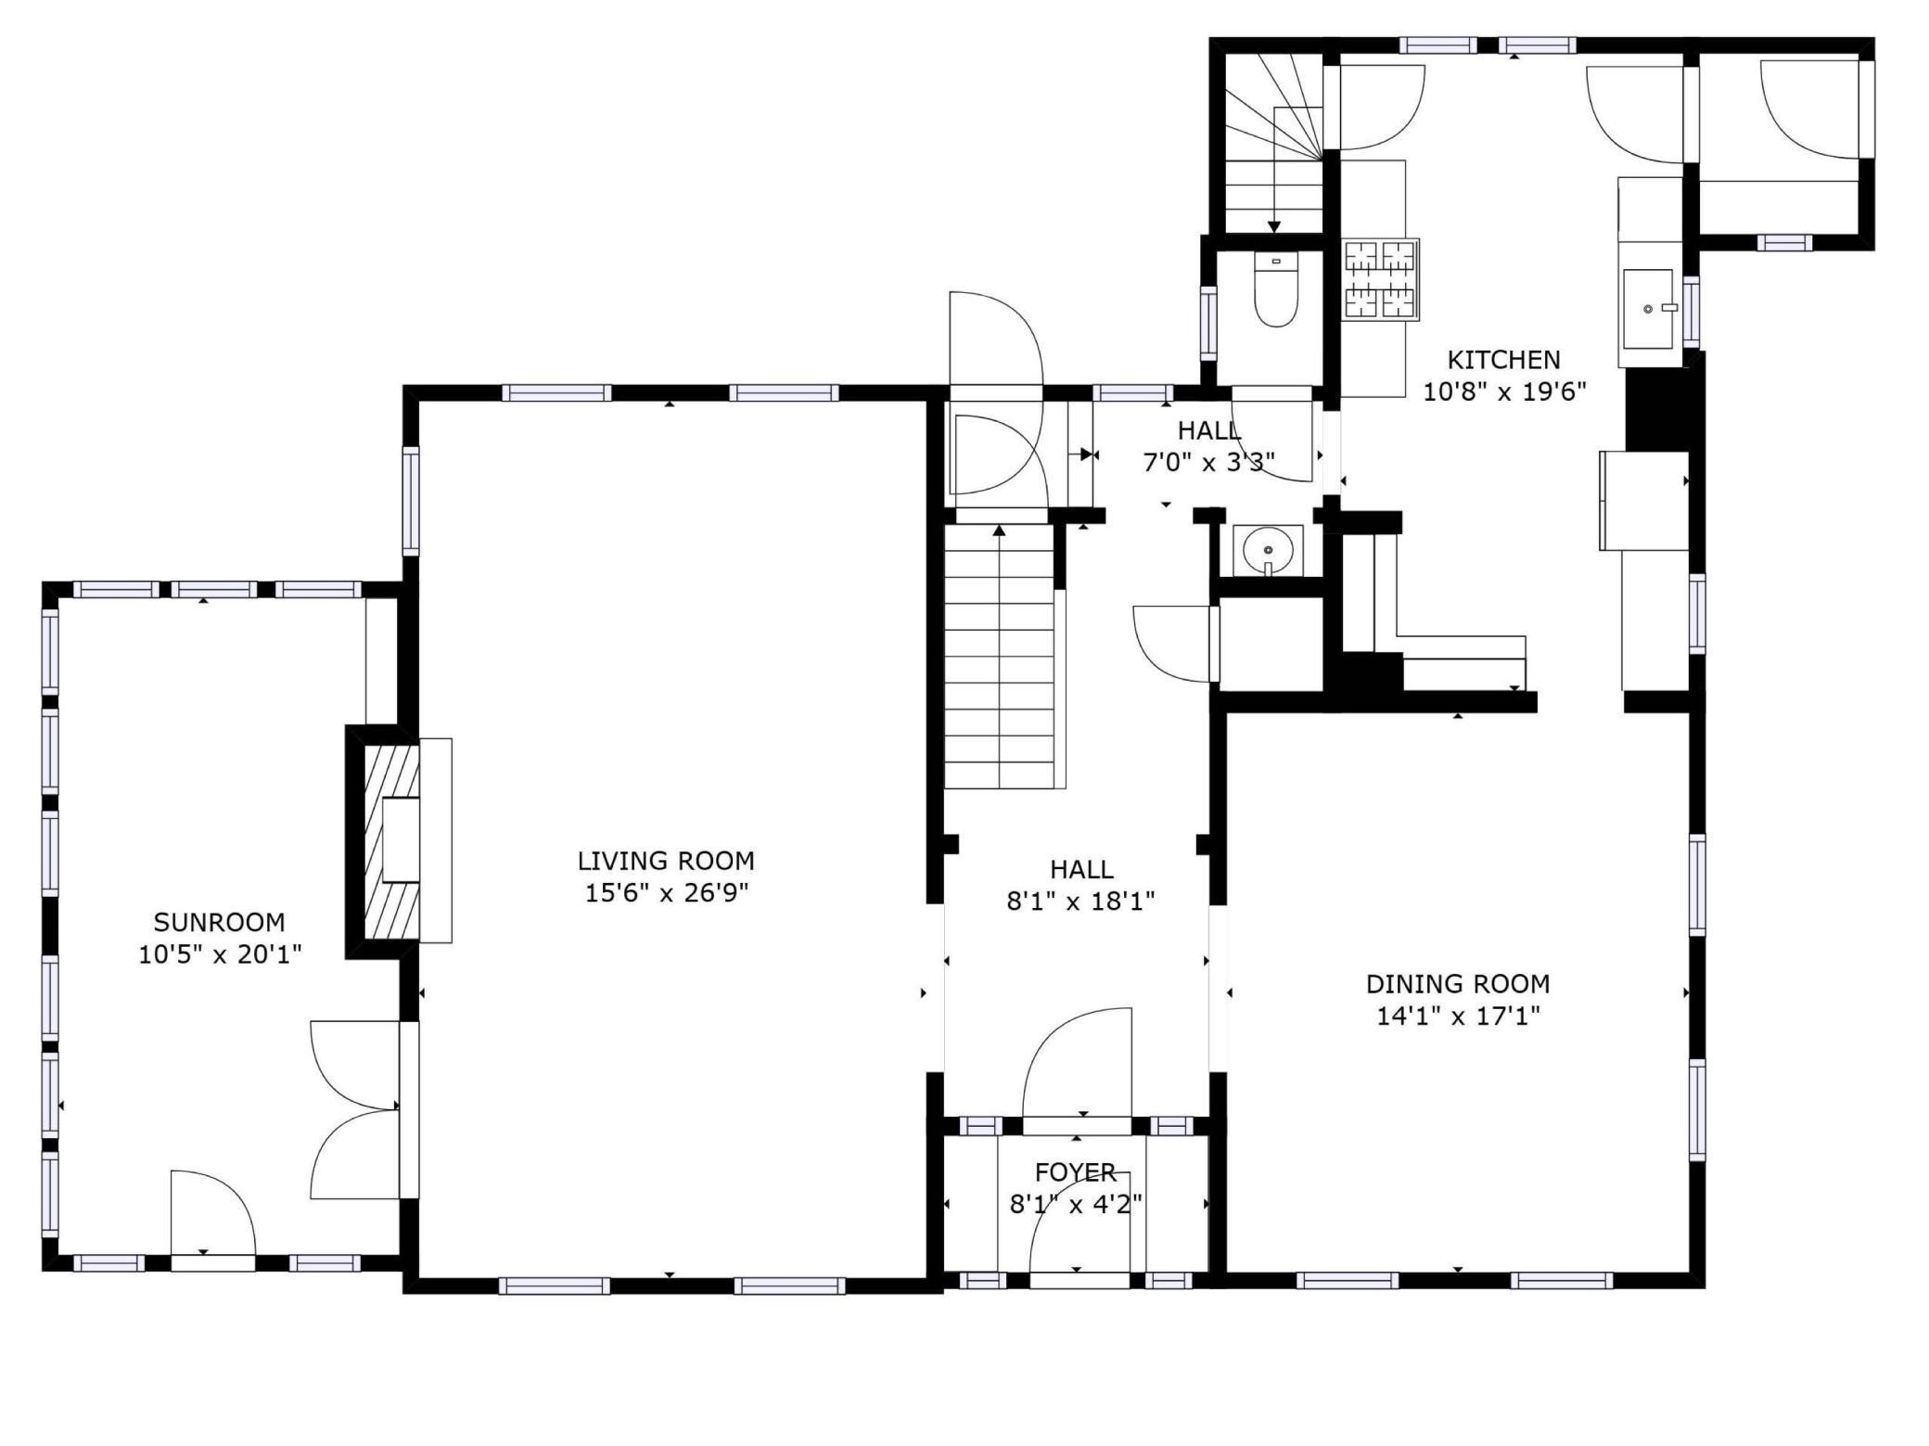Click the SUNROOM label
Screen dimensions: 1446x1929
click(219, 922)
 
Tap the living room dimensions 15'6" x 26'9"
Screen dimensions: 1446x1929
click(666, 893)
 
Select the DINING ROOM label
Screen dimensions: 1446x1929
click(1457, 983)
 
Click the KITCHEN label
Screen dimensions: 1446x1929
click(1503, 359)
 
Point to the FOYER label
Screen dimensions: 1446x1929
click(1075, 1172)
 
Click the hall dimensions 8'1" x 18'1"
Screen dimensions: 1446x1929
click(1080, 901)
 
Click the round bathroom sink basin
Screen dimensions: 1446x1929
click(1267, 551)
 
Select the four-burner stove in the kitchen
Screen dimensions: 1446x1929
click(1380, 279)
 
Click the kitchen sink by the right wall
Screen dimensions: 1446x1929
click(1648, 308)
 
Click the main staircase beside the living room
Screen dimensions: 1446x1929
click(1000, 659)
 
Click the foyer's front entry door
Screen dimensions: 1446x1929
click(1079, 1238)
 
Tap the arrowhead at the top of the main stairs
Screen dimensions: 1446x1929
click(999, 531)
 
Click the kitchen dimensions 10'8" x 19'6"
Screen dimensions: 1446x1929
click(1503, 391)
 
